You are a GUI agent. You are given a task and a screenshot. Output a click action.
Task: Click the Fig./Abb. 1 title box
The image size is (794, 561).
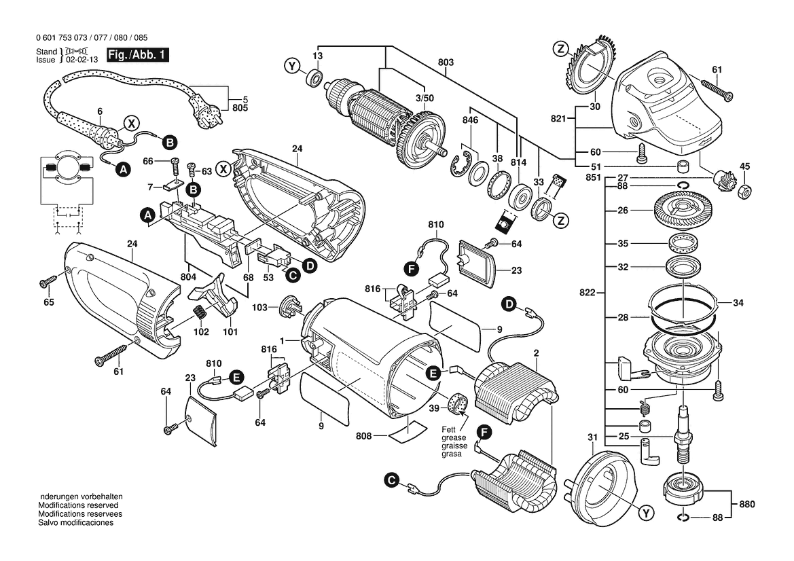(x=137, y=55)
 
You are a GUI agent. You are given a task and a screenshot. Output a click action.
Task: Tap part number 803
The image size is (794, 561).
(x=446, y=62)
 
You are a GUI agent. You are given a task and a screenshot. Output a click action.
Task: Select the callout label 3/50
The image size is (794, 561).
(x=424, y=98)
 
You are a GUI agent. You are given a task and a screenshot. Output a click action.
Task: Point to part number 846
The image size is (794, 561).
(x=471, y=120)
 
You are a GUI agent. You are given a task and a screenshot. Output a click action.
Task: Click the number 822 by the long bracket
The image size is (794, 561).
(x=588, y=293)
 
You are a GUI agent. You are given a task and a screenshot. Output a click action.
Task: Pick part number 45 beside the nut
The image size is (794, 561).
(x=744, y=166)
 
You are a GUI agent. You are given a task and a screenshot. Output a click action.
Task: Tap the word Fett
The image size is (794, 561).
(x=448, y=429)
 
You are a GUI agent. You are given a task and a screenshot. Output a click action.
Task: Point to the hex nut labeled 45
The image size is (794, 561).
(x=744, y=191)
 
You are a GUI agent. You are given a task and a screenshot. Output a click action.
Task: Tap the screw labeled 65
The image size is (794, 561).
(x=48, y=280)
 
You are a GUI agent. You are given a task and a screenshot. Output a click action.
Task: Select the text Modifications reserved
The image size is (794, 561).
(x=78, y=506)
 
